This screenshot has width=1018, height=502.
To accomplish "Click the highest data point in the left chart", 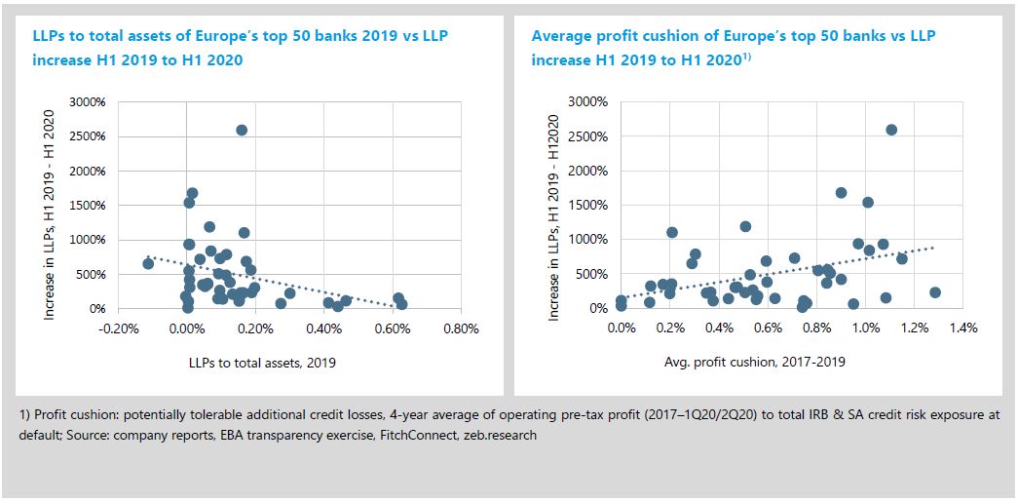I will pyautogui.click(x=242, y=130).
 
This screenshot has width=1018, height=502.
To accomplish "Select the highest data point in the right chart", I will pyautogui.click(x=890, y=130).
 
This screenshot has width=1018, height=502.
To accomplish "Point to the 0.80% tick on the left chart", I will pyautogui.click(x=459, y=328).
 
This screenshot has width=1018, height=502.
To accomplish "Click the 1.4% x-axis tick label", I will pyautogui.click(x=962, y=328).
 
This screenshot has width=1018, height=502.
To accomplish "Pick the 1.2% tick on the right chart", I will pyautogui.click(x=914, y=328).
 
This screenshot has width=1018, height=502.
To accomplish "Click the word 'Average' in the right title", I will pyautogui.click(x=560, y=36).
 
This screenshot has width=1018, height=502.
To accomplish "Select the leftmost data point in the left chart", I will pyautogui.click(x=148, y=263).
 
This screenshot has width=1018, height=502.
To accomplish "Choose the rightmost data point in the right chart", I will pyautogui.click(x=935, y=291).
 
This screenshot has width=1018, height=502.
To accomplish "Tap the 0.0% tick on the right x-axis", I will pyautogui.click(x=621, y=328).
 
